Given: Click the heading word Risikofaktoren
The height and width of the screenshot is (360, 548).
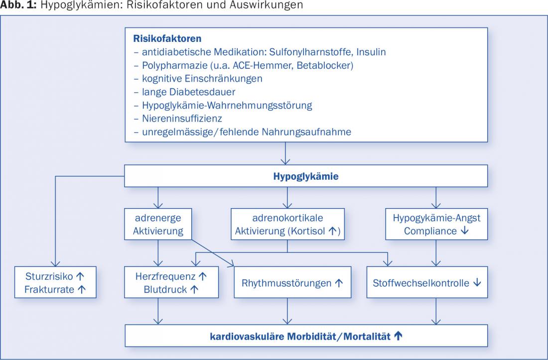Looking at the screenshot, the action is click(x=167, y=38).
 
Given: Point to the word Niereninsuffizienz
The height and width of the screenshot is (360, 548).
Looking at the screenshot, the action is click(x=182, y=119).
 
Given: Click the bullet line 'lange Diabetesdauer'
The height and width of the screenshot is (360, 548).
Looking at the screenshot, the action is click(x=184, y=92).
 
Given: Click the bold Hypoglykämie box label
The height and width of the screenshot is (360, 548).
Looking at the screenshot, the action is click(x=306, y=176).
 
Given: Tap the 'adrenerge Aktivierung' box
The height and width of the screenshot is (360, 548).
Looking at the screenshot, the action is click(x=158, y=224).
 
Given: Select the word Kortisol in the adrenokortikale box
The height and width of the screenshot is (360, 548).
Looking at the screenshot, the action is click(x=308, y=231).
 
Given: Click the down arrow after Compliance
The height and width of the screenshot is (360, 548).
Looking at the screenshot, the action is click(x=464, y=231).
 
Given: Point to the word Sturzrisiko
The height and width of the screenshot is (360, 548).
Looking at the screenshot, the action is click(x=49, y=276).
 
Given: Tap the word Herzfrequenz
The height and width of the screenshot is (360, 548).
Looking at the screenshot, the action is click(x=165, y=276).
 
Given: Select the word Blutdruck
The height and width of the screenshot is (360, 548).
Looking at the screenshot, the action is click(x=165, y=289).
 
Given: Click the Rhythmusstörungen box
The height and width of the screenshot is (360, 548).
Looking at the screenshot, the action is click(x=292, y=282).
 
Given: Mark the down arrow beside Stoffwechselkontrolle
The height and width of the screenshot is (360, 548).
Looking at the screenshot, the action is click(x=477, y=282).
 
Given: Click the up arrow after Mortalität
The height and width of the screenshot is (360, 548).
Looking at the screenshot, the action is click(x=398, y=336).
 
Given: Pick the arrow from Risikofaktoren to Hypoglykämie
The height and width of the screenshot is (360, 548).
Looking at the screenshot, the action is click(x=285, y=153).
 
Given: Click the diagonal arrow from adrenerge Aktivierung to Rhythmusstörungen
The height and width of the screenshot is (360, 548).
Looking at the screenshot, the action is click(x=213, y=253).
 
